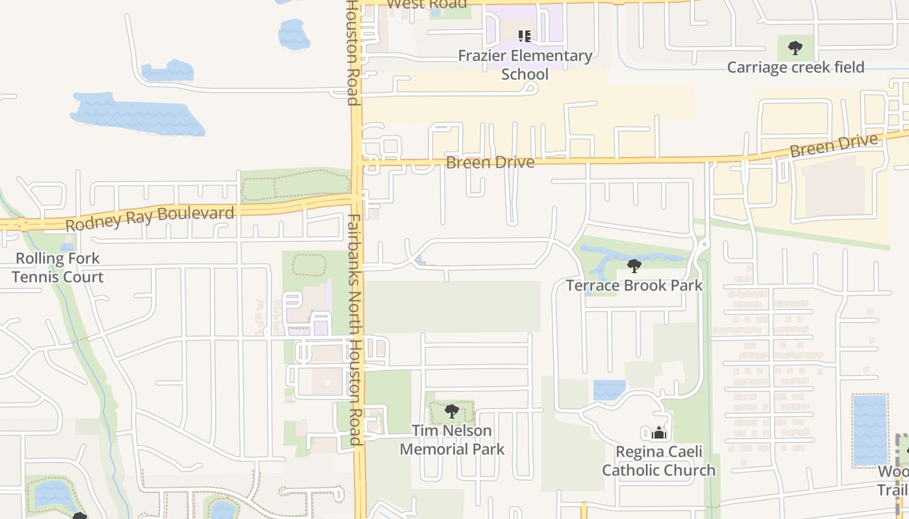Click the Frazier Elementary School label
525,65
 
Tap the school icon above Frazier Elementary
524,36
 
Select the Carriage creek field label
795,67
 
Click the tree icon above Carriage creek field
795,47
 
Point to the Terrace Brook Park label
634,285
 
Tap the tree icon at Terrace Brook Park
634,265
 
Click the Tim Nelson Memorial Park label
452,440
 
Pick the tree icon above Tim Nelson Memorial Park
451,411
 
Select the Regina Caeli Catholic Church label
658,461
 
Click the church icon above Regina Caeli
658,433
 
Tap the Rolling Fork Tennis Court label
58,267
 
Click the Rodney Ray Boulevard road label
150,218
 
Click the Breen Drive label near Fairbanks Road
490,162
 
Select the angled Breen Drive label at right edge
834,145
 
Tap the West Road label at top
427,5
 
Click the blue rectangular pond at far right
869,429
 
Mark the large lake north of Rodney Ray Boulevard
136,115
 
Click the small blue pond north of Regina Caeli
609,389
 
